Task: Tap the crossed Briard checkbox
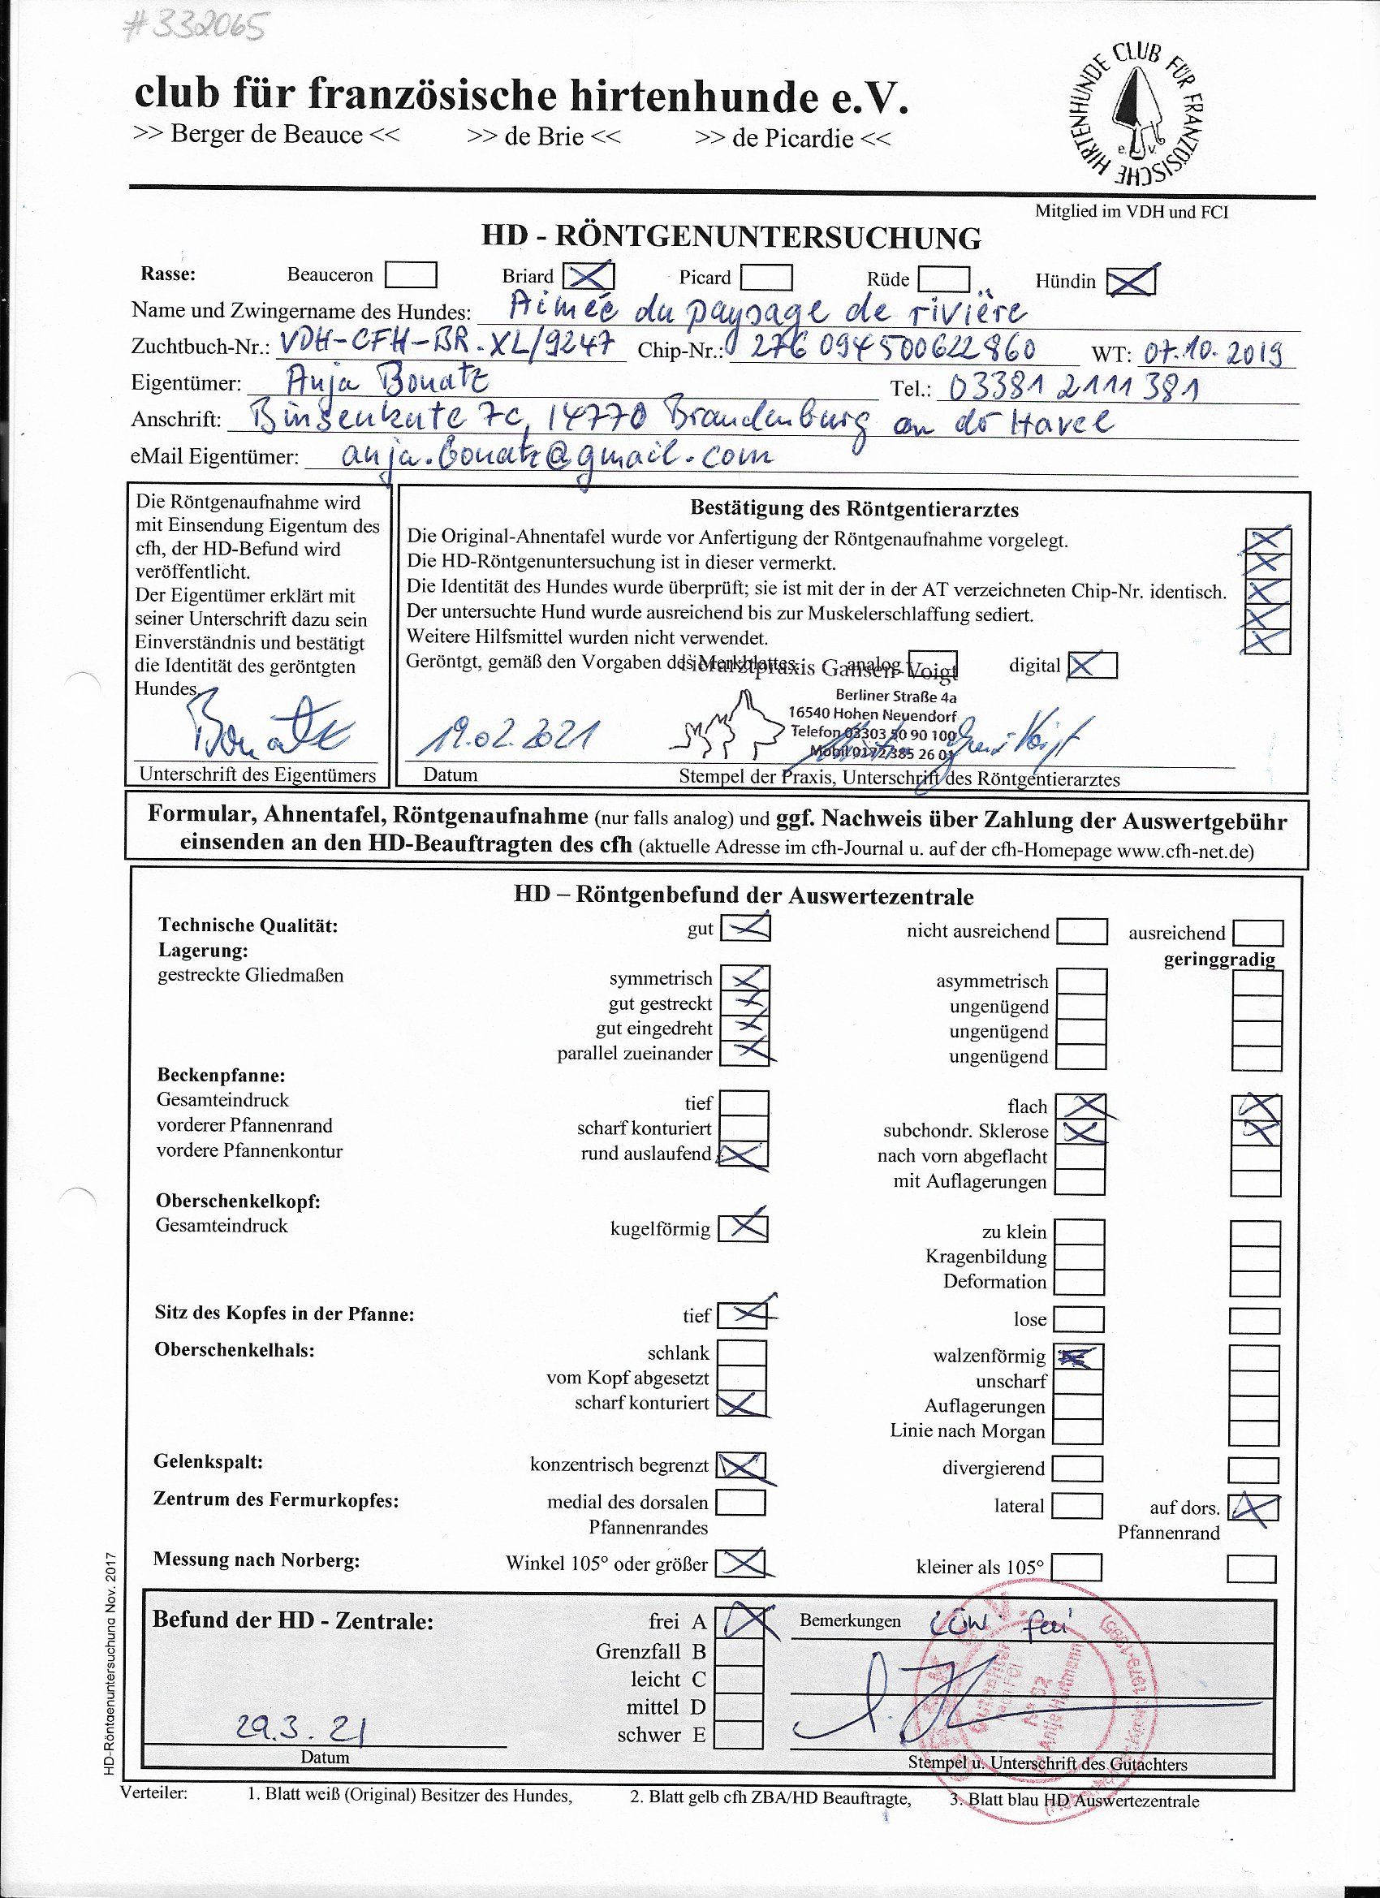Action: [x=589, y=275]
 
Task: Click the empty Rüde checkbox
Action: [x=942, y=278]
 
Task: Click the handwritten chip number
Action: [x=888, y=347]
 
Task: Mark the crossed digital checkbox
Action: [x=1091, y=666]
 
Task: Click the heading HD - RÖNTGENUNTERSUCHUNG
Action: [x=731, y=238]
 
